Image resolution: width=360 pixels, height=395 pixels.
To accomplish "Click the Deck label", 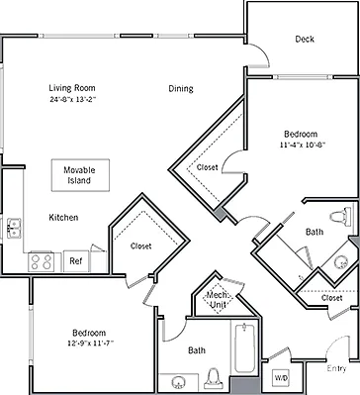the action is pos(305,39).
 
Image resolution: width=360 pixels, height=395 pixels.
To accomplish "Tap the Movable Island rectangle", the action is pos(80,175).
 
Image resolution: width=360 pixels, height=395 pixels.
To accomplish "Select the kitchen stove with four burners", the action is pos(42,262).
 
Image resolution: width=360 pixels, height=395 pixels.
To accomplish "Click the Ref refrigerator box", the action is pos(76,261).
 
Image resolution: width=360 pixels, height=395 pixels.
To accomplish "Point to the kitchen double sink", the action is pos(14,228).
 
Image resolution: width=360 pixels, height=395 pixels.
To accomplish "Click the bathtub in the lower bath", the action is pos(244,347).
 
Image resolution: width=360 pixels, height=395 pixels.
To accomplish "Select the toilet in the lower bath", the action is pos(214,378).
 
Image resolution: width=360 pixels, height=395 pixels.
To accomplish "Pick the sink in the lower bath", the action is pos(179,383).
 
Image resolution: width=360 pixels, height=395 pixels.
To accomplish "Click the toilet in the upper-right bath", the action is pos(340,217).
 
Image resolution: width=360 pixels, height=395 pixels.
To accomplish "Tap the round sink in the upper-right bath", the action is pos(341,262).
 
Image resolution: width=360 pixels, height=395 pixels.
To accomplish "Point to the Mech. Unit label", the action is pos(217,300).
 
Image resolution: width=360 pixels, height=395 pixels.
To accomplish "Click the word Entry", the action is pos(336,368).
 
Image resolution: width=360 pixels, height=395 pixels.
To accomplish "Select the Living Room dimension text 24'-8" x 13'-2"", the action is pos(72,99).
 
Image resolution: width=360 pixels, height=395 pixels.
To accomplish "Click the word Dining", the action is pos(181,88).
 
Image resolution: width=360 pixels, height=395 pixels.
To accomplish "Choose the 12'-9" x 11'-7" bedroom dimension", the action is pos(91,343).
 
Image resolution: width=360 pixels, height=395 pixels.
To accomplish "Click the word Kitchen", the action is pos(63,218).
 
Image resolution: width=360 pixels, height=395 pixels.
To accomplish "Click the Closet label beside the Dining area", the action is pos(207,167).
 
